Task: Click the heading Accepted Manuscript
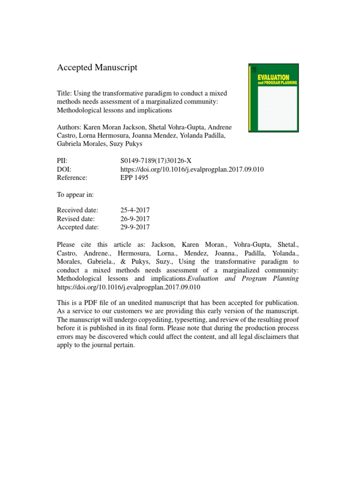(97, 67)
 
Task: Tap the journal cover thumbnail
(272, 98)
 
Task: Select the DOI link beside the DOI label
(192, 169)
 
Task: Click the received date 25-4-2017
(135, 210)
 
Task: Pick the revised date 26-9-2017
(135, 219)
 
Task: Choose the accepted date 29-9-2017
(135, 227)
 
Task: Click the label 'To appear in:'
(75, 194)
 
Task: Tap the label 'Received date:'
(77, 210)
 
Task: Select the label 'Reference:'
(73, 178)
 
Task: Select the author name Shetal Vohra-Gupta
(167, 127)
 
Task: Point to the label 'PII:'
(62, 160)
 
